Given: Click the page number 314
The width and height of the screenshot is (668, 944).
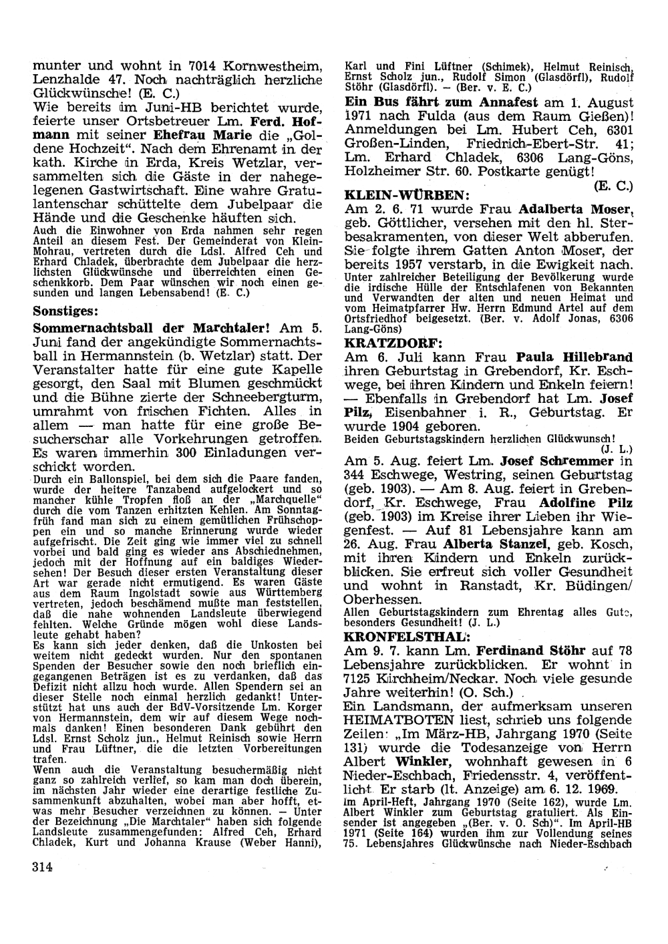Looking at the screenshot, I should pyautogui.click(x=41, y=867).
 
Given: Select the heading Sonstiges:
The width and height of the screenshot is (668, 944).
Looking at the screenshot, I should pyautogui.click(x=66, y=311).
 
